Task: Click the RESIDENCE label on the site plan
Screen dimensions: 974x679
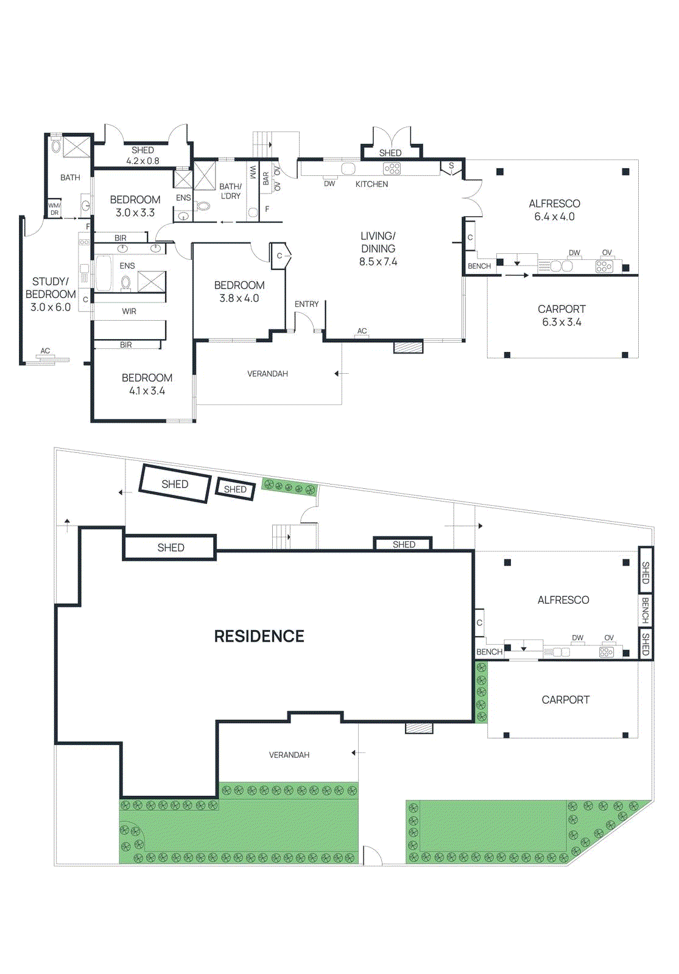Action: (x=259, y=636)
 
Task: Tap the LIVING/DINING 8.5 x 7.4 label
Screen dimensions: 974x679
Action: (x=378, y=248)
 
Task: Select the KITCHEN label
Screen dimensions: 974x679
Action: (x=371, y=184)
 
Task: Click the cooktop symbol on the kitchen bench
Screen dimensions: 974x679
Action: (x=392, y=168)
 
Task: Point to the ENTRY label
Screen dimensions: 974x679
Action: (x=306, y=304)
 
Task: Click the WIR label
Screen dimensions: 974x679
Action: (x=129, y=311)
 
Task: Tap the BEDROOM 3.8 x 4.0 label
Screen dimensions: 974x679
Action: (x=239, y=292)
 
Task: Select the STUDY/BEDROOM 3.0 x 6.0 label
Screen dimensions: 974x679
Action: (x=51, y=294)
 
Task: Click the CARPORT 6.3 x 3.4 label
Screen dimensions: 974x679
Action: (x=561, y=315)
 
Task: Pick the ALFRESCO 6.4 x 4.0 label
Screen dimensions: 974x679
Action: (x=554, y=210)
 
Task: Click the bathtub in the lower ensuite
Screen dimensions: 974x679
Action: (x=104, y=274)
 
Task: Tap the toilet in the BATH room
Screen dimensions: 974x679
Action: (x=56, y=146)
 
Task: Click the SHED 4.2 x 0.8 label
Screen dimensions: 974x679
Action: (x=142, y=155)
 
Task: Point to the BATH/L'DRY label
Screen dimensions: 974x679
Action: (x=230, y=191)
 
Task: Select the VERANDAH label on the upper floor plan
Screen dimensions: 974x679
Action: (x=267, y=374)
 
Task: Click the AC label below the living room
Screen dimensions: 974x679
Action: (x=362, y=331)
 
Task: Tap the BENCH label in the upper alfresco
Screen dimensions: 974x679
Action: (x=479, y=266)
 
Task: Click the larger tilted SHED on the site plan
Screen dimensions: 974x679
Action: (x=175, y=484)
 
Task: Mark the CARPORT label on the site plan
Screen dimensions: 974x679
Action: (x=565, y=700)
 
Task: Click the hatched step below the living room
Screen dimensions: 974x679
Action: (x=408, y=347)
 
